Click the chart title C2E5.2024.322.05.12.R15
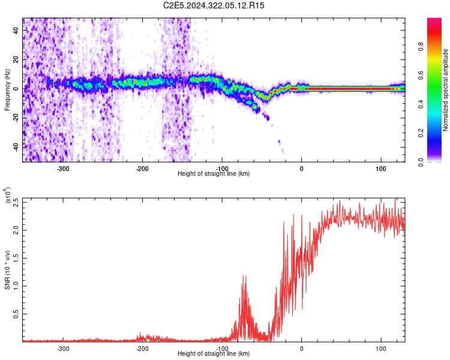[214, 5]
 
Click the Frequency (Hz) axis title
[7, 89]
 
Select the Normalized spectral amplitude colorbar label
[446, 90]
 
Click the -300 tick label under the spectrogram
[64, 168]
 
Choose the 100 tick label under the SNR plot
[380, 348]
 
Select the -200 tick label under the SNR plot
[142, 348]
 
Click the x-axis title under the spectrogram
[214, 174]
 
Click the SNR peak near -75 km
[244, 277]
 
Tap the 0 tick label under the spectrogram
[301, 168]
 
